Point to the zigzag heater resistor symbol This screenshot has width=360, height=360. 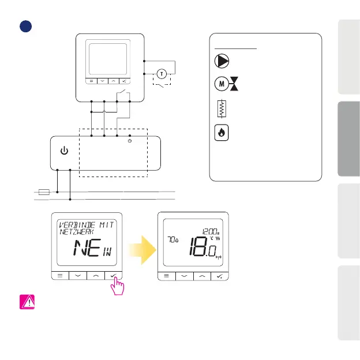(219, 108)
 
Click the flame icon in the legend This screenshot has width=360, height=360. (219, 132)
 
